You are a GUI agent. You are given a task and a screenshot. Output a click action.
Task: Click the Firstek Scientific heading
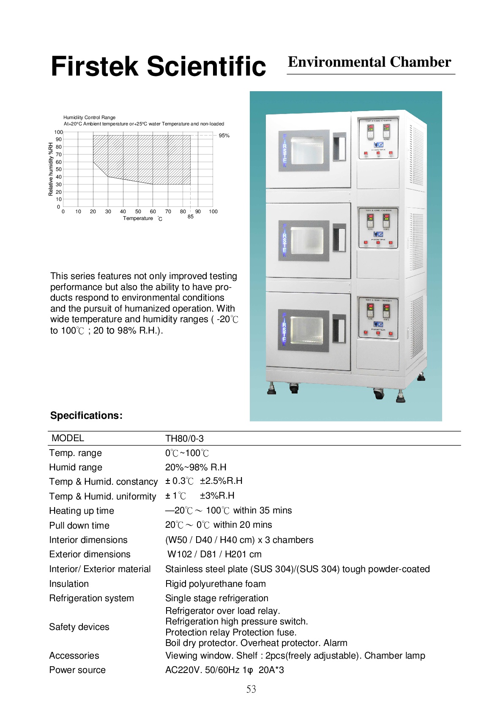point(158,66)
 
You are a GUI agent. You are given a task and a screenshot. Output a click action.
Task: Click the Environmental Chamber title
point(369,62)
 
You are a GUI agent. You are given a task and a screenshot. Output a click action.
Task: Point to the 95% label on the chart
point(224,136)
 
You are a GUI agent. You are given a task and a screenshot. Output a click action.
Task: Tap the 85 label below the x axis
point(191,217)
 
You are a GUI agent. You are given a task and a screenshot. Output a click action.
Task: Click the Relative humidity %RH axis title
point(51,169)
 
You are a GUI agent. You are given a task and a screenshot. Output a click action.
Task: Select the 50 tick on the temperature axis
point(138,212)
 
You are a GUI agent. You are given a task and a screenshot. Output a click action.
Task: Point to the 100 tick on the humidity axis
point(58,132)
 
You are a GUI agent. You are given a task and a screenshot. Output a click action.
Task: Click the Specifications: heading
point(86,415)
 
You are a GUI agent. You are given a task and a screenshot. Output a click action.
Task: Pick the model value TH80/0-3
point(184,438)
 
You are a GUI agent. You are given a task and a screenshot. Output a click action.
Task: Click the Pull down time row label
point(79,526)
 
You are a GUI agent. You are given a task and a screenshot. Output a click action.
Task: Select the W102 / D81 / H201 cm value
point(214,554)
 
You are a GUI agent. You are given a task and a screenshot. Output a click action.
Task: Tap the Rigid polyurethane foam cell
point(216,584)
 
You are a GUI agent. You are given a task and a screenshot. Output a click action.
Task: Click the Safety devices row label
point(79,627)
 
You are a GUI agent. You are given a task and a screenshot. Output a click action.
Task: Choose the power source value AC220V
point(224,670)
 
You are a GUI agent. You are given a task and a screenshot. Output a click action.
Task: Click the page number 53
point(251,689)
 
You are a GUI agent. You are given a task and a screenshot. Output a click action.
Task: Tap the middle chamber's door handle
point(339,239)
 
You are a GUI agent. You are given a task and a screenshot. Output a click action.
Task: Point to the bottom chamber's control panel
point(378,318)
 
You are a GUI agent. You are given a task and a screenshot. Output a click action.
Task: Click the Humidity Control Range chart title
point(89,117)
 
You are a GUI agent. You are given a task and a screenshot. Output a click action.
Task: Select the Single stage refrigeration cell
point(217,598)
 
